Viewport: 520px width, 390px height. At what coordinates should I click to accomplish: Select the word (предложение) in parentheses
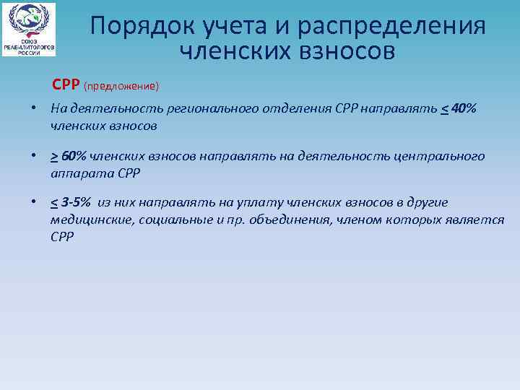[x=121, y=86]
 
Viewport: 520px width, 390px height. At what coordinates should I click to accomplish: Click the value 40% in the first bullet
[x=463, y=109]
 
